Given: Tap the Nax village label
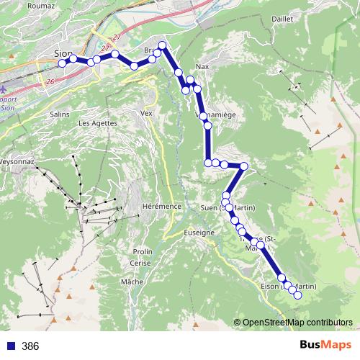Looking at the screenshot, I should tap(202, 66).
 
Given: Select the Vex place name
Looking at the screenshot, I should tap(148, 113).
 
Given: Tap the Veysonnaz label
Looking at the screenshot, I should tap(16, 163).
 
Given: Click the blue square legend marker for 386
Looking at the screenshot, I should tap(9, 346).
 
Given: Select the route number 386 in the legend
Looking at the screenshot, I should tap(30, 346).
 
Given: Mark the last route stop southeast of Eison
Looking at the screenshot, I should tap(297, 294).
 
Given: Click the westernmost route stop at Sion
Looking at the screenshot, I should tap(62, 63).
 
